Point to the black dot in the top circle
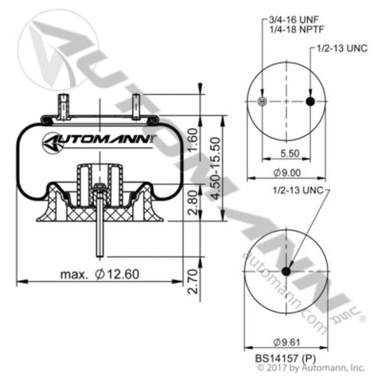[x=310, y=101]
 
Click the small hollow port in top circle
[x=264, y=101]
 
